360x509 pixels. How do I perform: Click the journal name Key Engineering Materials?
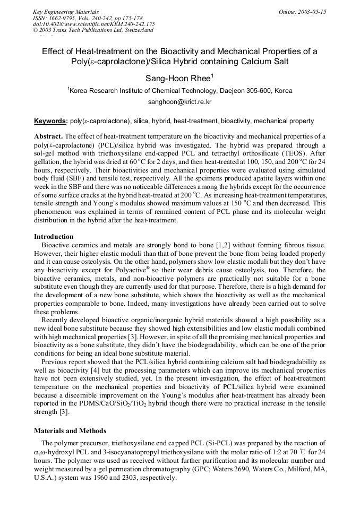(65, 12)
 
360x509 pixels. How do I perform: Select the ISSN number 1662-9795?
(62, 18)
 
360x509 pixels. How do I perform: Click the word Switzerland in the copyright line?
(135, 30)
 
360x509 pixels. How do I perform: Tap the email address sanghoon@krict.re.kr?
(179, 101)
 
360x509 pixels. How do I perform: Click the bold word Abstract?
(48, 136)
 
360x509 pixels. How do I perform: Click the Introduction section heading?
(54, 236)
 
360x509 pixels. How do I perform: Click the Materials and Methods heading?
(70, 430)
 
